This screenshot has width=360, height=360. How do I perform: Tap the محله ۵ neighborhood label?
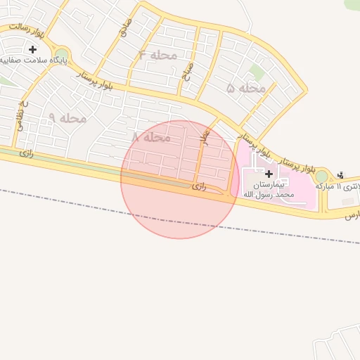(247, 89)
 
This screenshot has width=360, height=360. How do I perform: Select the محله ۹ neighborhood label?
(67, 118)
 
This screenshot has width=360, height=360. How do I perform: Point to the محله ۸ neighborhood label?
(152, 138)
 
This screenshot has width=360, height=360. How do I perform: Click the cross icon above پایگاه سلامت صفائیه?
(32, 49)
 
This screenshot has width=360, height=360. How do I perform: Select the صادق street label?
(124, 29)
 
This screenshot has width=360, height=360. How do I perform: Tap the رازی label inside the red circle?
(199, 186)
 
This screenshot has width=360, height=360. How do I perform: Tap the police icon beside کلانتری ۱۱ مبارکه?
(341, 175)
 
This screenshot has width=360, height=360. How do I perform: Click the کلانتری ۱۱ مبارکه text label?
(340, 186)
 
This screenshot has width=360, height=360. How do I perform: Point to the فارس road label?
(352, 215)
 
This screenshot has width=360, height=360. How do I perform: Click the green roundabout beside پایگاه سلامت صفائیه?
(62, 55)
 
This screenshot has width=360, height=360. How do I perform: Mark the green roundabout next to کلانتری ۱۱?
(322, 176)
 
